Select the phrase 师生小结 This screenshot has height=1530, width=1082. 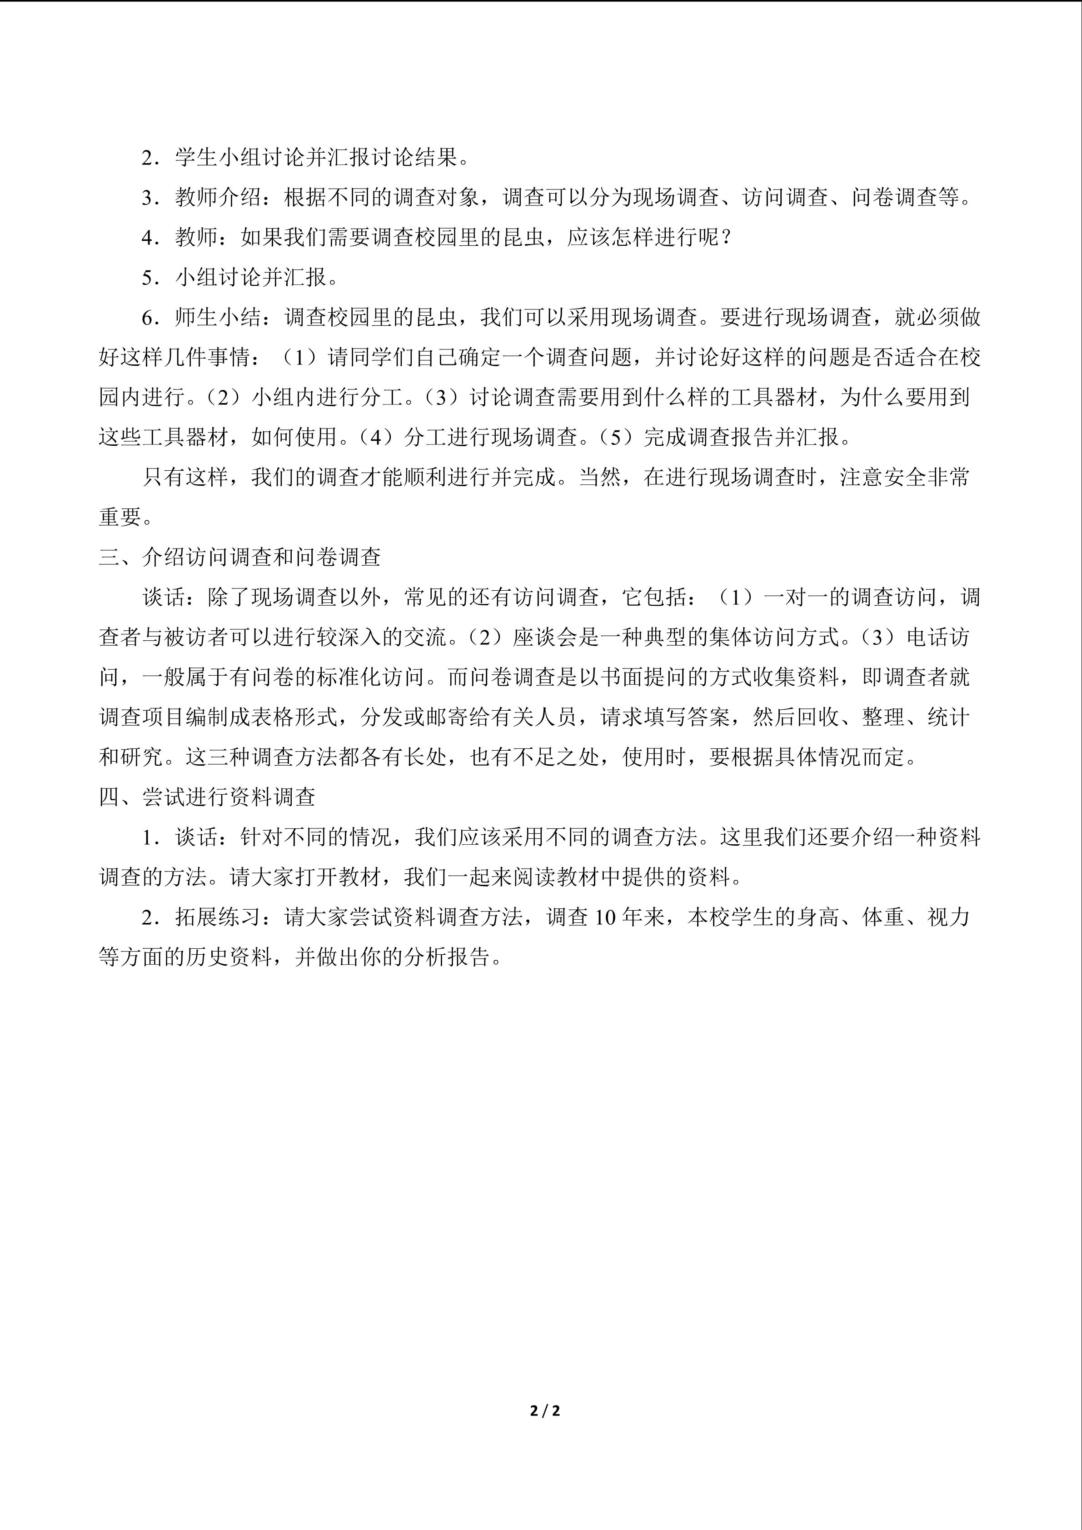(218, 317)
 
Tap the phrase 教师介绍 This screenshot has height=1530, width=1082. (218, 197)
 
